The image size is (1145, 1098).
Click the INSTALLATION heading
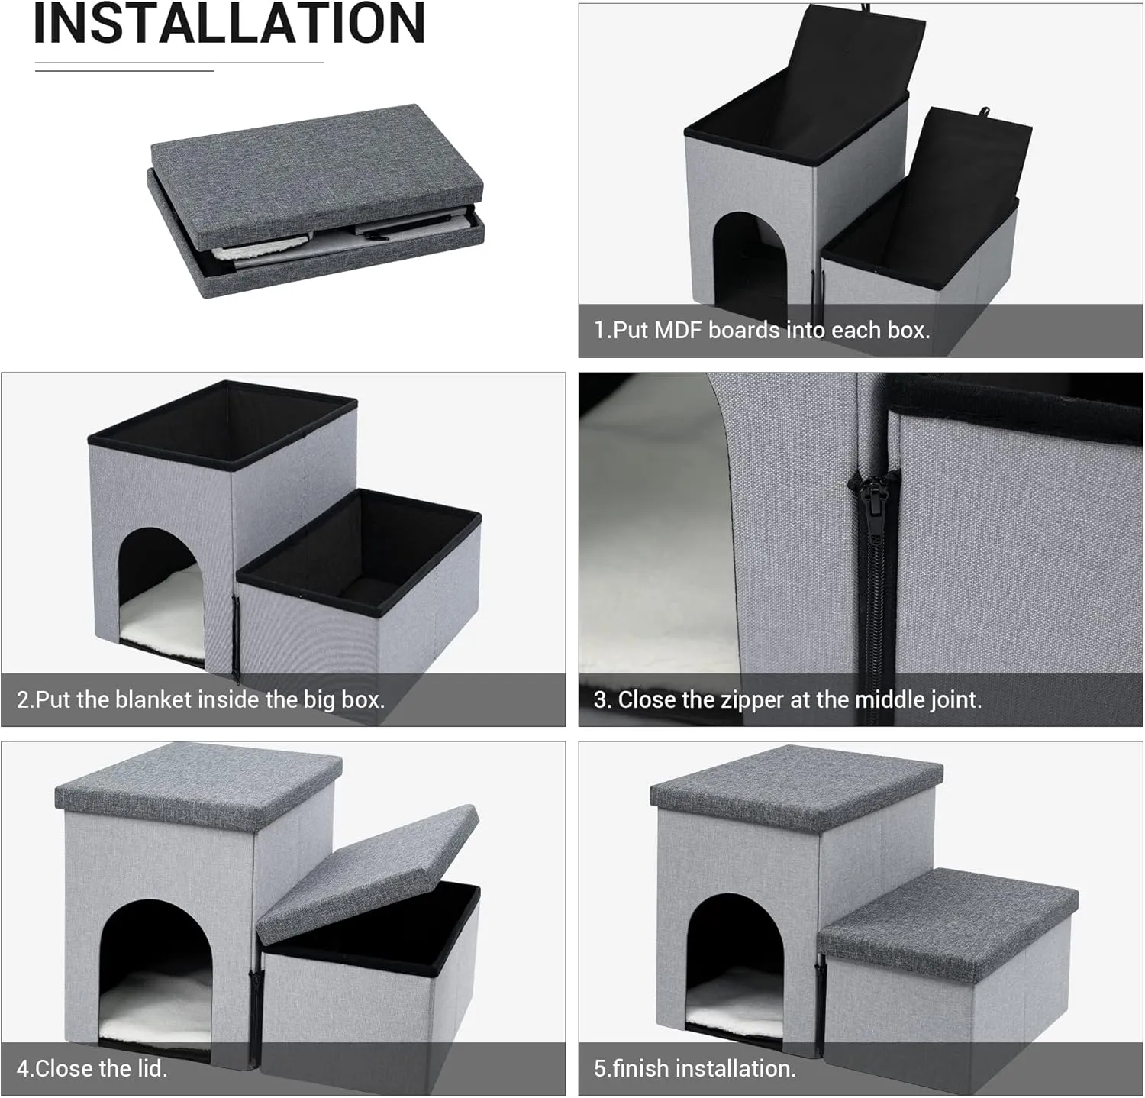click(229, 24)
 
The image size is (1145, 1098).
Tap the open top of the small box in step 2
click(359, 546)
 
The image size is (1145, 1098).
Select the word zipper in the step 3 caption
click(737, 699)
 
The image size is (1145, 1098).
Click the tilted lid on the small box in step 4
click(366, 870)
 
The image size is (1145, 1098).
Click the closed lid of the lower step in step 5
click(950, 920)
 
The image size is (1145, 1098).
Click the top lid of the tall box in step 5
click(794, 786)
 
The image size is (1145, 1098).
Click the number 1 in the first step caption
click(600, 331)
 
